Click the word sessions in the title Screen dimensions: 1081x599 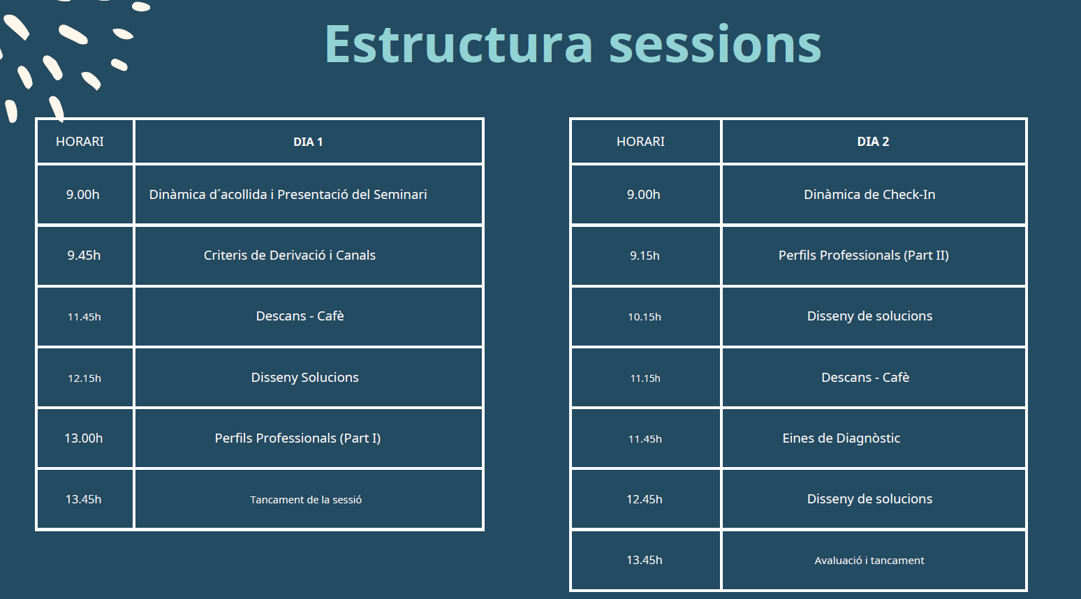click(714, 44)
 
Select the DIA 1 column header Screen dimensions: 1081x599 click(308, 142)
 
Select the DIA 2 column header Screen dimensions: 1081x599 click(873, 142)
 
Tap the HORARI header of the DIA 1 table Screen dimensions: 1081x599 click(80, 142)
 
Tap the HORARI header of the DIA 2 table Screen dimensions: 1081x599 click(640, 142)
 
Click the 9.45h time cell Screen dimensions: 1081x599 click(84, 255)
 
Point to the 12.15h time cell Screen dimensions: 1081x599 click(84, 378)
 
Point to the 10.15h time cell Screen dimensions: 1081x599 click(645, 317)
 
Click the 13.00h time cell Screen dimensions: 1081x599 click(84, 438)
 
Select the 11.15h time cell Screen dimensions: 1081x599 click(645, 378)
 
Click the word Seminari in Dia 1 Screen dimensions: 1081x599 click(400, 194)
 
